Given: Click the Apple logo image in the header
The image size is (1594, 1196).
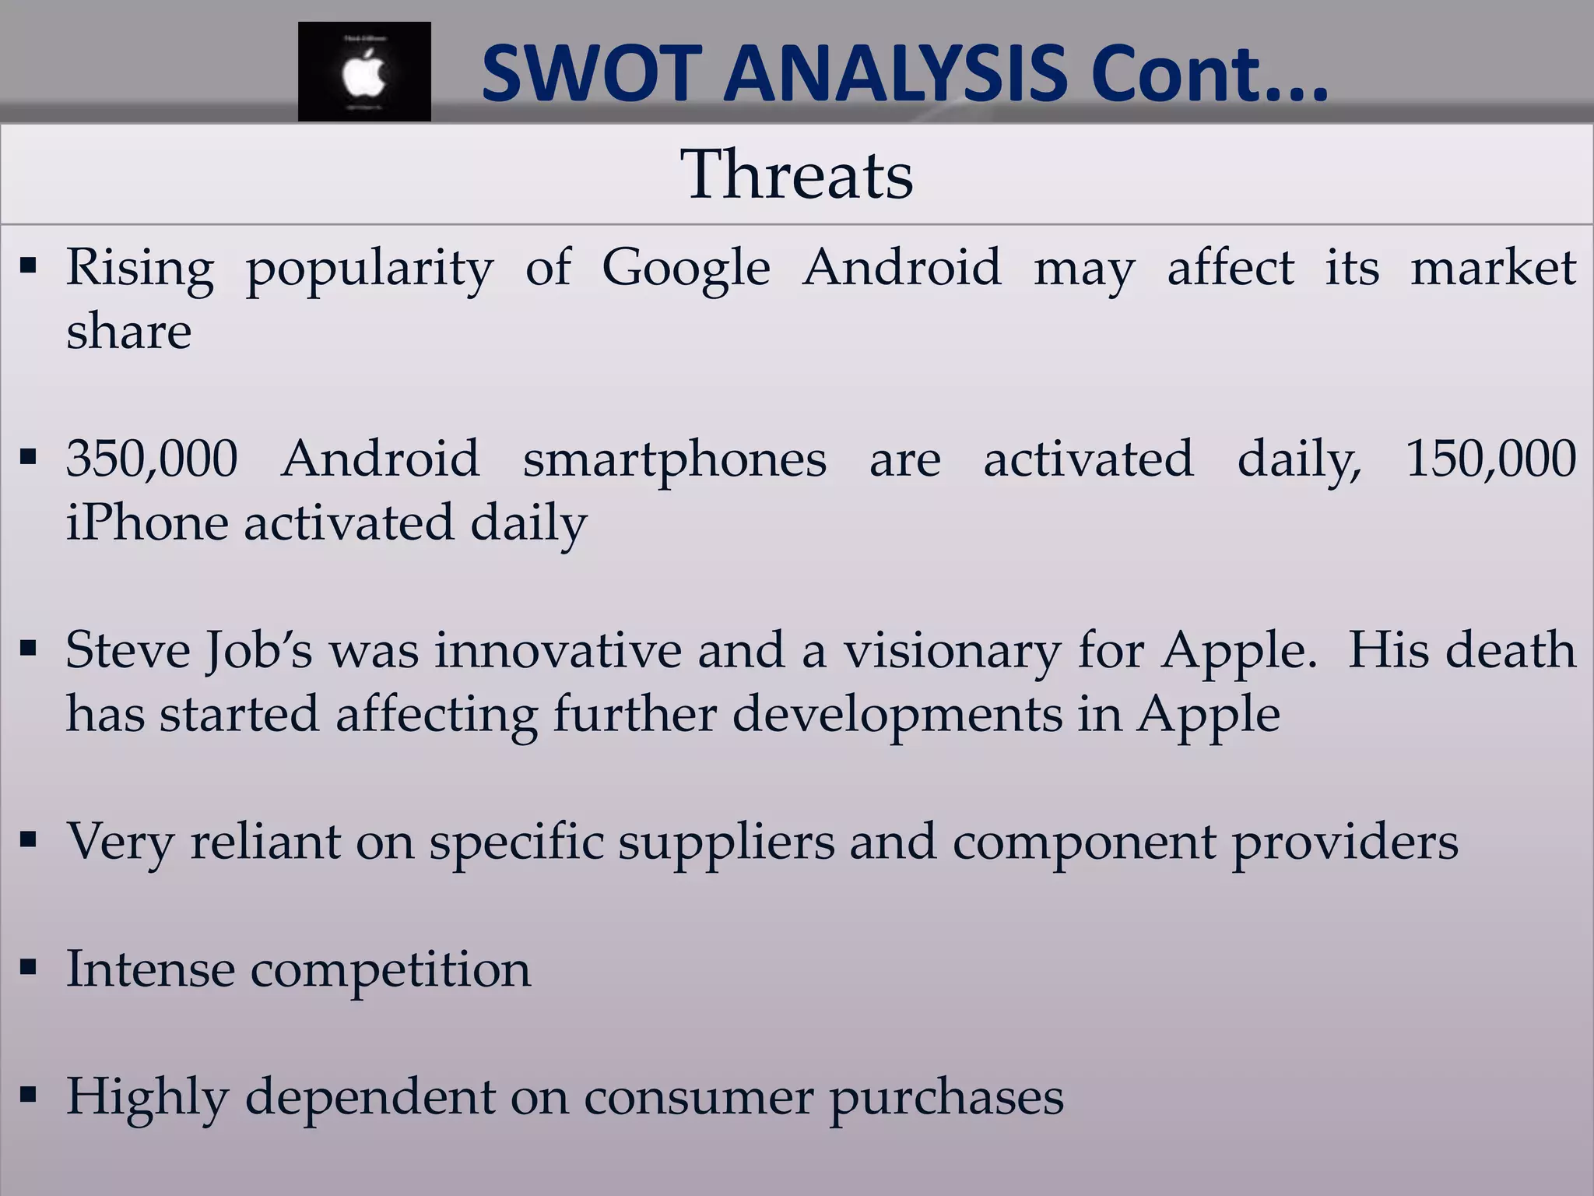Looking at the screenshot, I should click(x=364, y=72).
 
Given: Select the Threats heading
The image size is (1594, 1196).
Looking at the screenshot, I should click(x=796, y=174).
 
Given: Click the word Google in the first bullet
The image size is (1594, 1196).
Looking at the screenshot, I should click(x=686, y=268).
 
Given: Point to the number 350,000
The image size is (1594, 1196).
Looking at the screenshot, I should click(x=152, y=459).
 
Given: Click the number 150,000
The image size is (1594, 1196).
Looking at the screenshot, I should click(x=1490, y=459).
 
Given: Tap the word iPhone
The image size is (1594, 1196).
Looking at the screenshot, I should click(x=147, y=522).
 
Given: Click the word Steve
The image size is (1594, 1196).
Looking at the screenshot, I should click(x=128, y=650).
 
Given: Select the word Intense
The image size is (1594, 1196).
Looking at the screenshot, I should click(x=150, y=969).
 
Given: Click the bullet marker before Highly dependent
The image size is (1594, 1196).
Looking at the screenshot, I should click(x=29, y=1096).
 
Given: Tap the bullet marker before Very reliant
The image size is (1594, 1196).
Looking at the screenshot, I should click(x=29, y=840).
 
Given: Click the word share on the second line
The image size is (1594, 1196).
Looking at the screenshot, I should click(x=128, y=332).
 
